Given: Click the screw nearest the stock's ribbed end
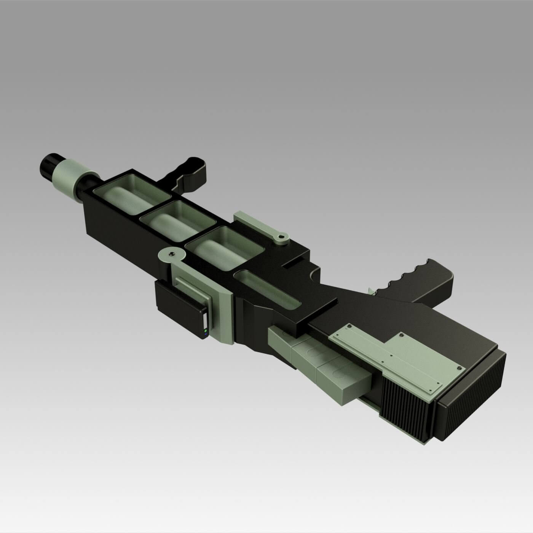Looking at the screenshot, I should click(x=461, y=368).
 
